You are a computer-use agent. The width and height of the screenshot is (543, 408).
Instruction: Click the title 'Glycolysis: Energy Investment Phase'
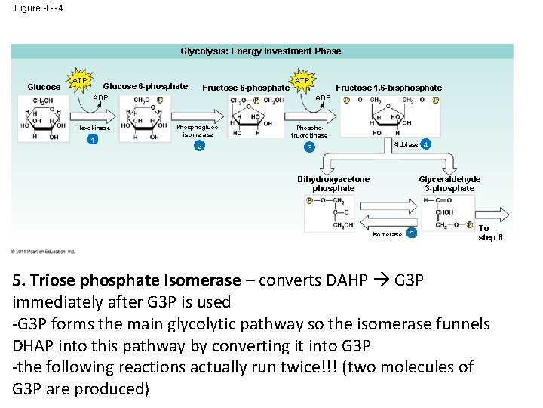[260, 51]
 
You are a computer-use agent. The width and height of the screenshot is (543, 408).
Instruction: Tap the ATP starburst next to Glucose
[80, 80]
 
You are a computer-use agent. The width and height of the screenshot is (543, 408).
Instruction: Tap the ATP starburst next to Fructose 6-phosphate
[302, 80]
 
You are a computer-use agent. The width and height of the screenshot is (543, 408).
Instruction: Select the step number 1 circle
[91, 140]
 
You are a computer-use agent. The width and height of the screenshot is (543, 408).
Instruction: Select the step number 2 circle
[198, 145]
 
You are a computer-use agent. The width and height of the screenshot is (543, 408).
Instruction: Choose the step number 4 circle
[427, 144]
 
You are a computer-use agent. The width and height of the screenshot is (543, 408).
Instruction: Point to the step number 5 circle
[411, 233]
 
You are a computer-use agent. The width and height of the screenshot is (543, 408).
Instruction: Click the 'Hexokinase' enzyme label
[94, 128]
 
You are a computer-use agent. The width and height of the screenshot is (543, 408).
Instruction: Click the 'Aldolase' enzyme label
[406, 144]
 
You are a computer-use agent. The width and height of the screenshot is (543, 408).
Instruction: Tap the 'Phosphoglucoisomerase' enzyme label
[198, 130]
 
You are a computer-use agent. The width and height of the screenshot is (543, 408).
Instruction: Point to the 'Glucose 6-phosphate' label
[146, 86]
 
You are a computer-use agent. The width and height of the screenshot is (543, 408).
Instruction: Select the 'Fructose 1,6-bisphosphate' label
[388, 88]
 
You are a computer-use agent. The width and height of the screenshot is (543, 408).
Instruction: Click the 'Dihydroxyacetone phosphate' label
[333, 184]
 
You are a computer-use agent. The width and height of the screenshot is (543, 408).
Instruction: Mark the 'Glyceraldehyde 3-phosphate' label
[449, 184]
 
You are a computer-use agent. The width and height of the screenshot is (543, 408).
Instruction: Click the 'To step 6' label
[490, 233]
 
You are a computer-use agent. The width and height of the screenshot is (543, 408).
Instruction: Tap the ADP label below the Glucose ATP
[100, 98]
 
